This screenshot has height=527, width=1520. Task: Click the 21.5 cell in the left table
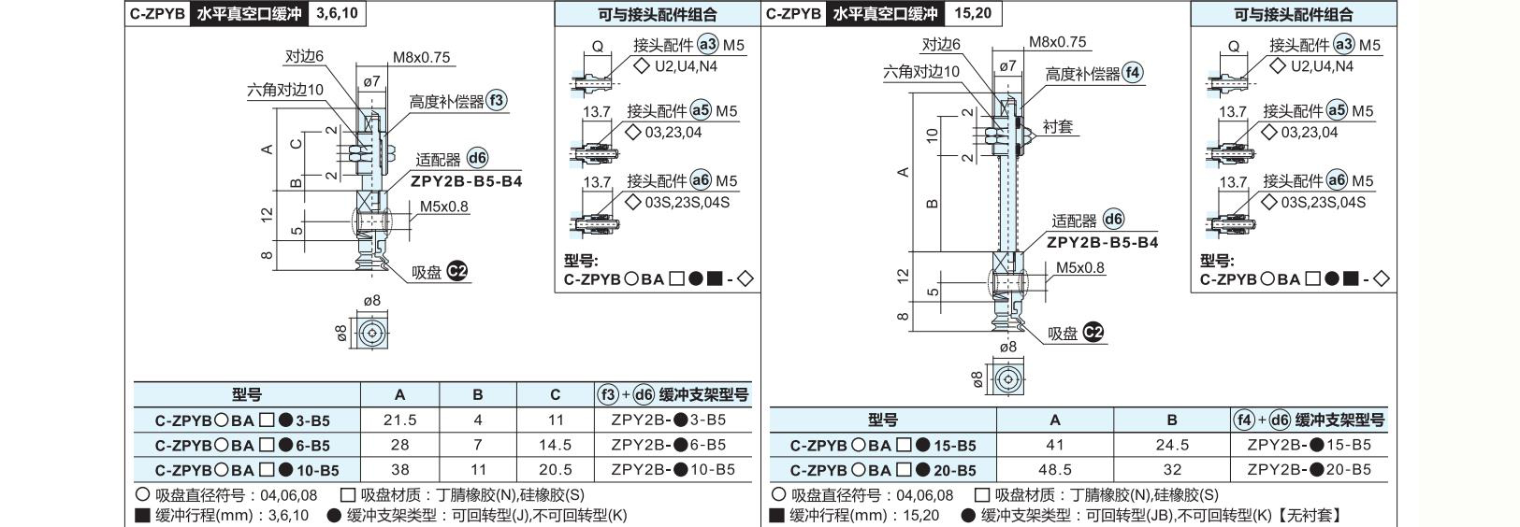coord(399,420)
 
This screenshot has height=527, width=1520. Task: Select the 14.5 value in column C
coord(555,445)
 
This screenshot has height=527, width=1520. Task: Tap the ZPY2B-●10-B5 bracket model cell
coord(673,469)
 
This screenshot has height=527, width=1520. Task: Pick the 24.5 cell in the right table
coord(1172,445)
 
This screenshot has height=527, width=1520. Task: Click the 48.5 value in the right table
coord(1054,469)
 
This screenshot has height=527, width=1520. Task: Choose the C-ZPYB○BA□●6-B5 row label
coord(242,446)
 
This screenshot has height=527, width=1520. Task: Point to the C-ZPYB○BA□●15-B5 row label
coord(883,446)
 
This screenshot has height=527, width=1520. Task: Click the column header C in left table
coord(555,394)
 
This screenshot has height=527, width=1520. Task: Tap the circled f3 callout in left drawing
coord(497,100)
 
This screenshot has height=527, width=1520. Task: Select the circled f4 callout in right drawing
coord(1133,73)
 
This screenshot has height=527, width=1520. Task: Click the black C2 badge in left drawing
coord(457,272)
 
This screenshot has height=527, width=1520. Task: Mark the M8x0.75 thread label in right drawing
coord(1057,42)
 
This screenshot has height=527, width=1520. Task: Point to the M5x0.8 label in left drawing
coord(443,207)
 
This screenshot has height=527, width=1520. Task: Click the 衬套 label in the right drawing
coord(1057,126)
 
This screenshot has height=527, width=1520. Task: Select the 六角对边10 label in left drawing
coord(285,90)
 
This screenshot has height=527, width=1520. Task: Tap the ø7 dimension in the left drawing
coord(371,81)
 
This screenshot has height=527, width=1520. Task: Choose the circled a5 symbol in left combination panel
coord(701,110)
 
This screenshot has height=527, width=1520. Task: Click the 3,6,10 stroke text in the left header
coord(338,14)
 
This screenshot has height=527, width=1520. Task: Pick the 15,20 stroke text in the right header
coord(973,14)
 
